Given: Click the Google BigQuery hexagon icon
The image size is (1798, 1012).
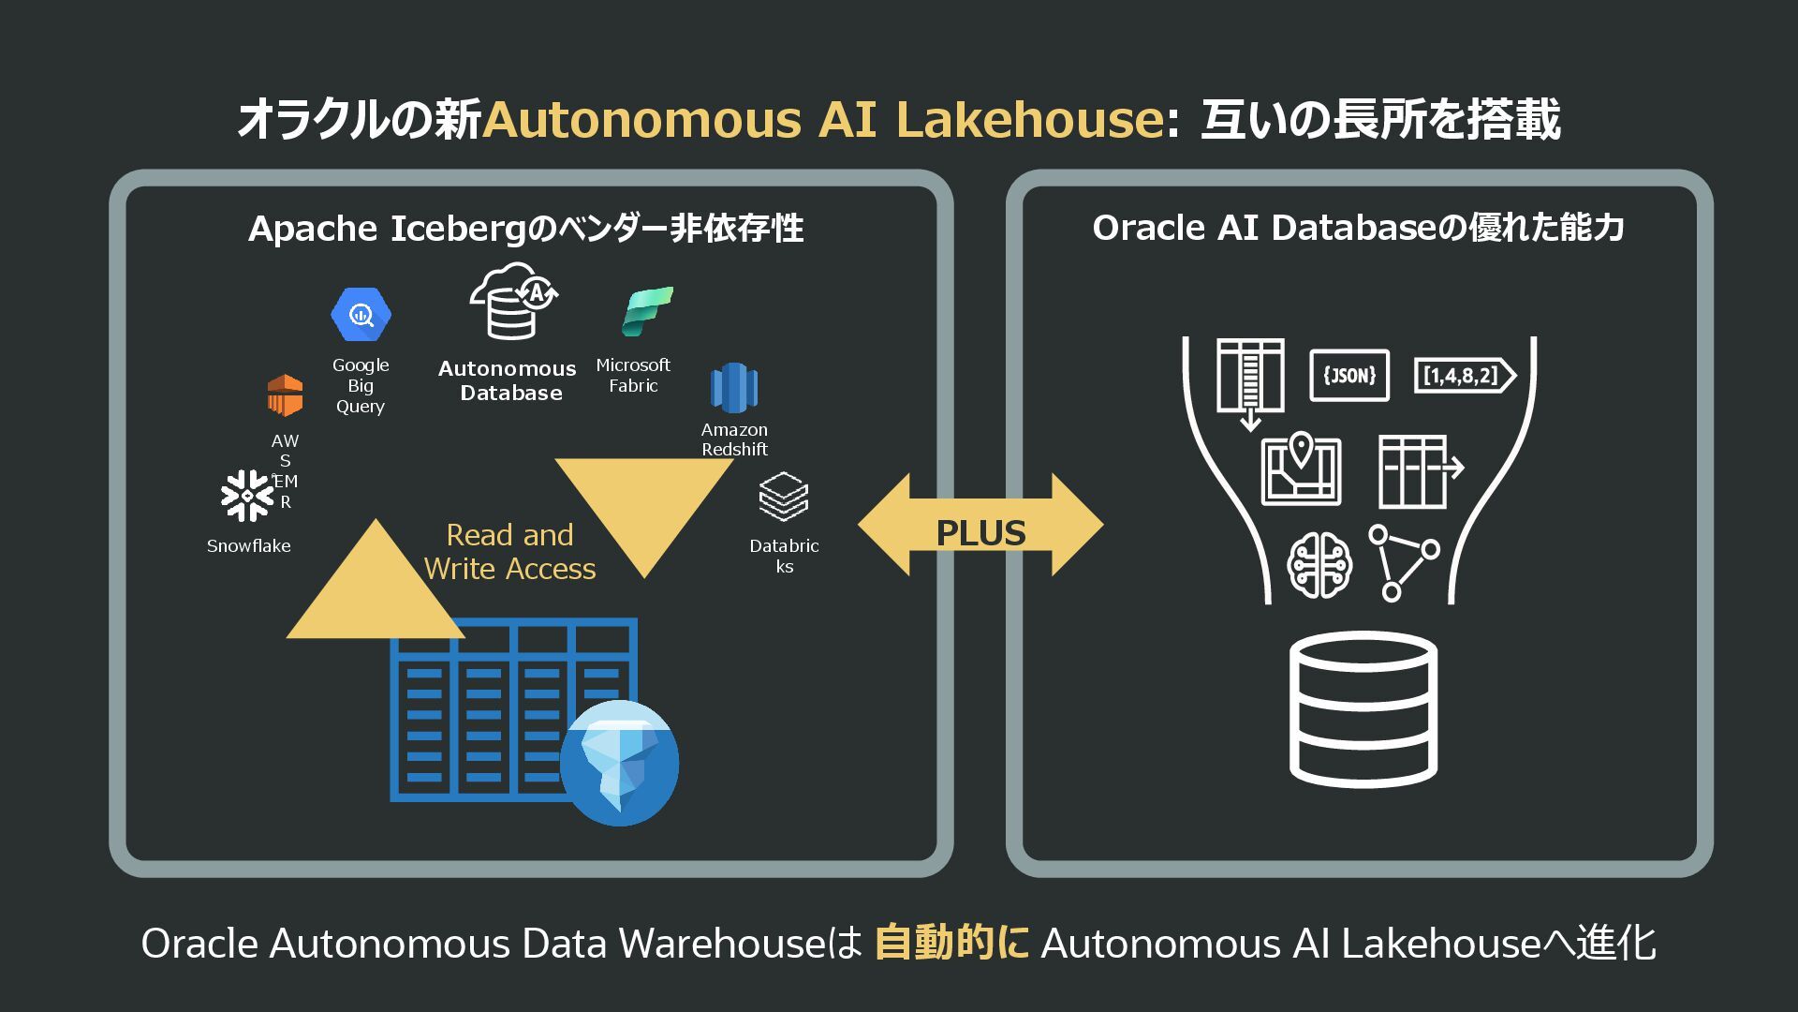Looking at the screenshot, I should (361, 315).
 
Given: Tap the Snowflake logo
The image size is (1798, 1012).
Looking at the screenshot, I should (246, 496).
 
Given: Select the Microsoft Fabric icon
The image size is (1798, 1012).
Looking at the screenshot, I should (647, 312).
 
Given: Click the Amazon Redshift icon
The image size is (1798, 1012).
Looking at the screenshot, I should (734, 387).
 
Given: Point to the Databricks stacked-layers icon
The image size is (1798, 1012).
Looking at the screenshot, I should (784, 497).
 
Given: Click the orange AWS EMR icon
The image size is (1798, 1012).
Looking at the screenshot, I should (285, 395).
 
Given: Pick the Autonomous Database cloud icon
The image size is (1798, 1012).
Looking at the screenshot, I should (512, 302).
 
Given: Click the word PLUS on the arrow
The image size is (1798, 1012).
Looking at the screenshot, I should (980, 533).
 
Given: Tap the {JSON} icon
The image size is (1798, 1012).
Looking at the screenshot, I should (1348, 376).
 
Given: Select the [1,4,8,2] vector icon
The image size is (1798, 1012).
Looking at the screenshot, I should (1463, 376).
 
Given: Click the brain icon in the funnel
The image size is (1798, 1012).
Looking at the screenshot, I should (1319, 565).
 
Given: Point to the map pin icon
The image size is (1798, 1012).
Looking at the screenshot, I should (1301, 470).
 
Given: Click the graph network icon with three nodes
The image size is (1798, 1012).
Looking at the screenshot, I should (1403, 562).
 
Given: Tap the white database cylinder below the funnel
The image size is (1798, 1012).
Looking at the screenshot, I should (1363, 709).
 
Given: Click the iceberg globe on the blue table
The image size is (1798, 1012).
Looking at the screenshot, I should (619, 763).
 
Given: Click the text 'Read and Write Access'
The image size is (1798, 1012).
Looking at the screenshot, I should (509, 552).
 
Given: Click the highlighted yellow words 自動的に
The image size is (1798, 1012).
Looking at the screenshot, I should (951, 943).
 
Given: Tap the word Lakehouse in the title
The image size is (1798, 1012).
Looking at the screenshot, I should (1029, 120).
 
